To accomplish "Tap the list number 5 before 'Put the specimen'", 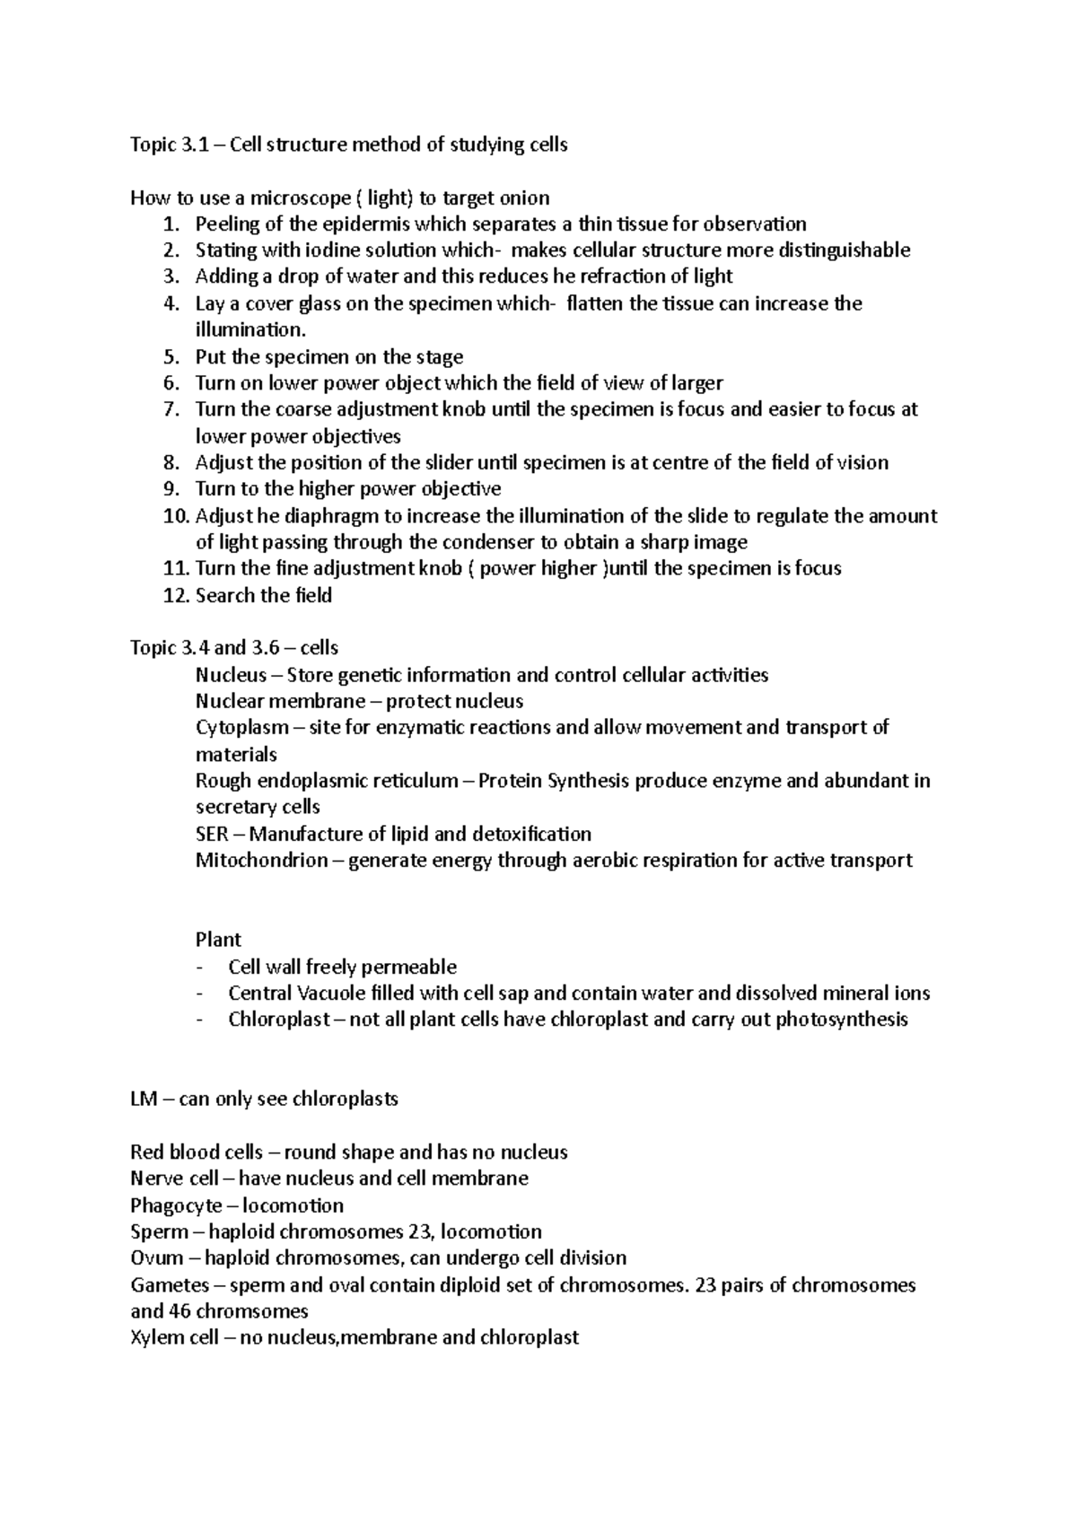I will click(x=171, y=357).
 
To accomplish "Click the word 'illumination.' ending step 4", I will click(x=244, y=330).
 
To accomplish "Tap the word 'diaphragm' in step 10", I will click(x=337, y=516).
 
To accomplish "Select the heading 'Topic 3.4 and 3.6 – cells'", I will click(x=233, y=648).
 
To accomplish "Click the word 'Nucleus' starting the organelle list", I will click(x=231, y=675).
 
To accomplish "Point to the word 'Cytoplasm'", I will click(x=242, y=728).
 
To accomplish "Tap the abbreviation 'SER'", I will click(x=212, y=835).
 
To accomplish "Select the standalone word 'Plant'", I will click(x=218, y=940).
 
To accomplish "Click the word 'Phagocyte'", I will click(x=176, y=1205).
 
